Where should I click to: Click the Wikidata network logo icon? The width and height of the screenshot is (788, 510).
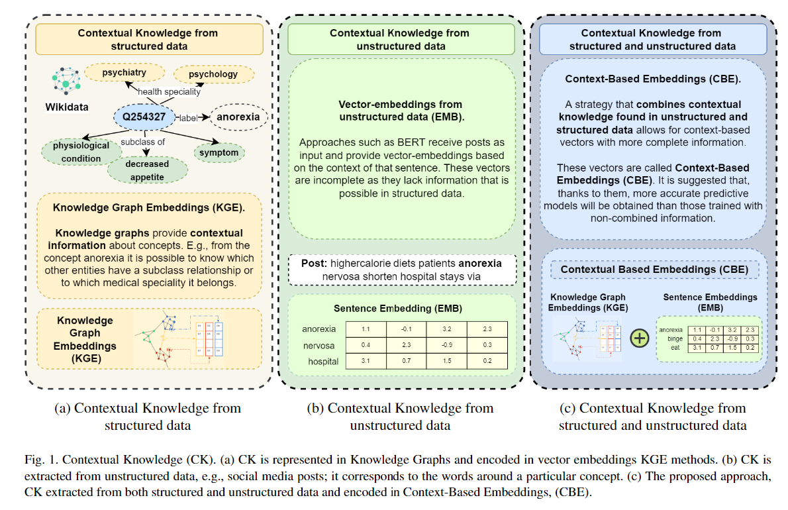tap(66, 81)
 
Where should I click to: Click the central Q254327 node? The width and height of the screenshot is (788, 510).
tap(144, 117)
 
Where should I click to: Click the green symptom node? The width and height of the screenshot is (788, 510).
tap(219, 152)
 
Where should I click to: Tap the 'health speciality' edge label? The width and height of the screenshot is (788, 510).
tap(169, 92)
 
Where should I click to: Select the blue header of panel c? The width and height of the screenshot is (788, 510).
tap(652, 39)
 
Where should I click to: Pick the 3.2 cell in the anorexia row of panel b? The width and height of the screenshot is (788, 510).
tap(446, 329)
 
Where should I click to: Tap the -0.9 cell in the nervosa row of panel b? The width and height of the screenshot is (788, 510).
tap(446, 345)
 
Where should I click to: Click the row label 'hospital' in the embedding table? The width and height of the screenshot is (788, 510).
tap(323, 361)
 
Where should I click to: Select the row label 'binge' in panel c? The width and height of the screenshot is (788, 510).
tap(669, 338)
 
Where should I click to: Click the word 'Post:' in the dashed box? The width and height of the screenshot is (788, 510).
tap(313, 264)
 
